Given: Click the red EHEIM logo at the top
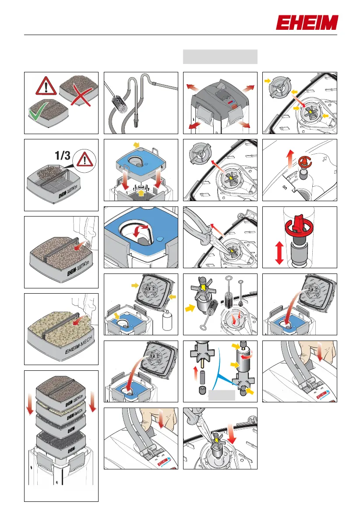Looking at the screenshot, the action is point(307,23).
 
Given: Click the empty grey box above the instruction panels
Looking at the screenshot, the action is point(220,57).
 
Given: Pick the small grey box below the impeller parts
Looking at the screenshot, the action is point(222,396).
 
